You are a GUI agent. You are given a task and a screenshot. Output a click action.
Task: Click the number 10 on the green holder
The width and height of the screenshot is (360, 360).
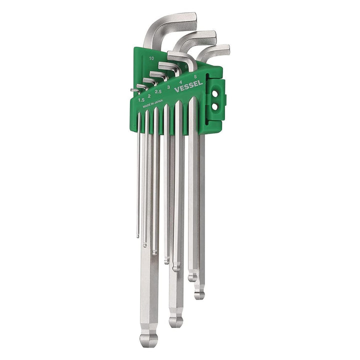pyautogui.click(x=151, y=58)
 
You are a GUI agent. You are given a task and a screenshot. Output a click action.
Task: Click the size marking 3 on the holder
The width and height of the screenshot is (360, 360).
pyautogui.click(x=169, y=87)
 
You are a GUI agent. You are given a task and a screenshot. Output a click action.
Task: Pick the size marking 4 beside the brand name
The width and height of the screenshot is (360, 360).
pyautogui.click(x=180, y=81)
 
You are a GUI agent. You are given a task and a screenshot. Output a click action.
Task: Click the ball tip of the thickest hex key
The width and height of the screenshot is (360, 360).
pyautogui.click(x=148, y=339)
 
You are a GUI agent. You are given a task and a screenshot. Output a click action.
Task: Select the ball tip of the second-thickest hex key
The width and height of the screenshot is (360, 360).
pyautogui.click(x=175, y=320)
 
